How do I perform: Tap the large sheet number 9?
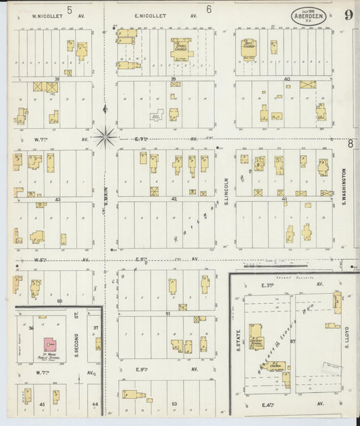(346, 16)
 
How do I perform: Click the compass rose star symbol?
(105, 137)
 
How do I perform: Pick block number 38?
(57, 79)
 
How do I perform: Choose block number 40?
(286, 79)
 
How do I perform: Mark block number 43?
(57, 199)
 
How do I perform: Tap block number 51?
(168, 314)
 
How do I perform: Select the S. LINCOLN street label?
(226, 192)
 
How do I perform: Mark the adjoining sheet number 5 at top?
(69, 9)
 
